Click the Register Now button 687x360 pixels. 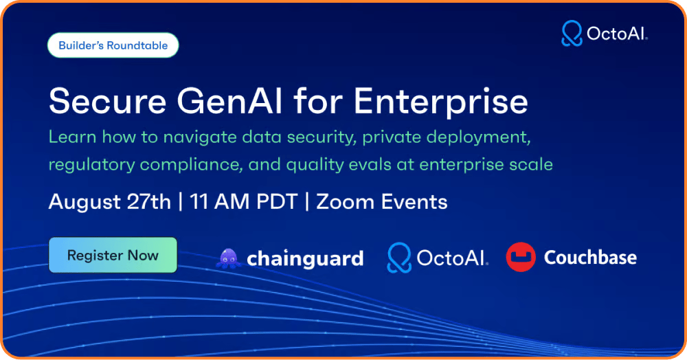click(x=113, y=255)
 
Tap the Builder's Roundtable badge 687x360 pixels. click(x=113, y=45)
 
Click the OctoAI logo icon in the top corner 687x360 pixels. click(x=572, y=33)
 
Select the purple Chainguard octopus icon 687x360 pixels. click(x=228, y=258)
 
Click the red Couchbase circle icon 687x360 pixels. click(x=521, y=257)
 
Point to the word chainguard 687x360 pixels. click(x=305, y=258)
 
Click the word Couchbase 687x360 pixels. click(x=590, y=257)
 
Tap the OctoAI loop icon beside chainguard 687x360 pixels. click(x=399, y=258)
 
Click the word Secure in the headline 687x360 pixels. click(x=108, y=101)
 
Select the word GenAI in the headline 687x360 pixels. click(x=229, y=101)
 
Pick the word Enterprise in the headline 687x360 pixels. click(x=441, y=102)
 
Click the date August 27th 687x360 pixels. click(x=109, y=202)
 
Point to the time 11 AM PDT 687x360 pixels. click(x=244, y=202)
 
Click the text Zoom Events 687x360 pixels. click(x=381, y=202)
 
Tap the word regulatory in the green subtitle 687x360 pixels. click(x=91, y=165)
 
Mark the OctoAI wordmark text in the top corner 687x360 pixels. click(x=617, y=34)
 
